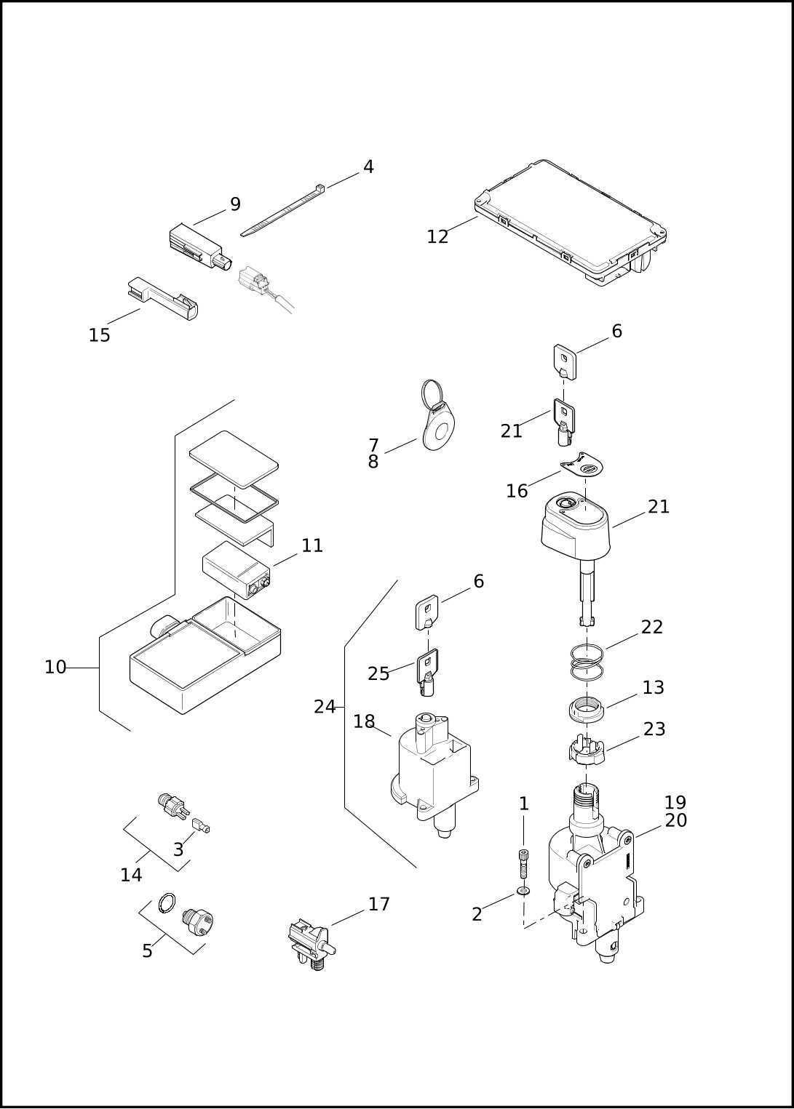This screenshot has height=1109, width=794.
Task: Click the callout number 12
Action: pos(437,237)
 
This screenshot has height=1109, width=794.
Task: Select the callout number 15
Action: pos(99,336)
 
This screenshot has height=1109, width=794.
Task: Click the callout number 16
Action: pos(517,491)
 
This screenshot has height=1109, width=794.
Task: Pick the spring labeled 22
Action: pos(587,662)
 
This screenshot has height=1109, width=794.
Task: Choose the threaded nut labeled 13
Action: pos(587,709)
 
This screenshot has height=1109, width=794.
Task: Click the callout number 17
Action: pos(379,905)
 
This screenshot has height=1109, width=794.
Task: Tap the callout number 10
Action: pos(55,668)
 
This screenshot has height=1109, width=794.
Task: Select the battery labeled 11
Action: pos(237,570)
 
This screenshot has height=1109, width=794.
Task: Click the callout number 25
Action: pos(378,674)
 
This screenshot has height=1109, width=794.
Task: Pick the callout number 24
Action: pos(325,707)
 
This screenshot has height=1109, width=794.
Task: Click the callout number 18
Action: pos(364,722)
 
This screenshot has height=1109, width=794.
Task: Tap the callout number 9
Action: pos(235,204)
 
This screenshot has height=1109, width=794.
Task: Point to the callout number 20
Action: pos(675,821)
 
